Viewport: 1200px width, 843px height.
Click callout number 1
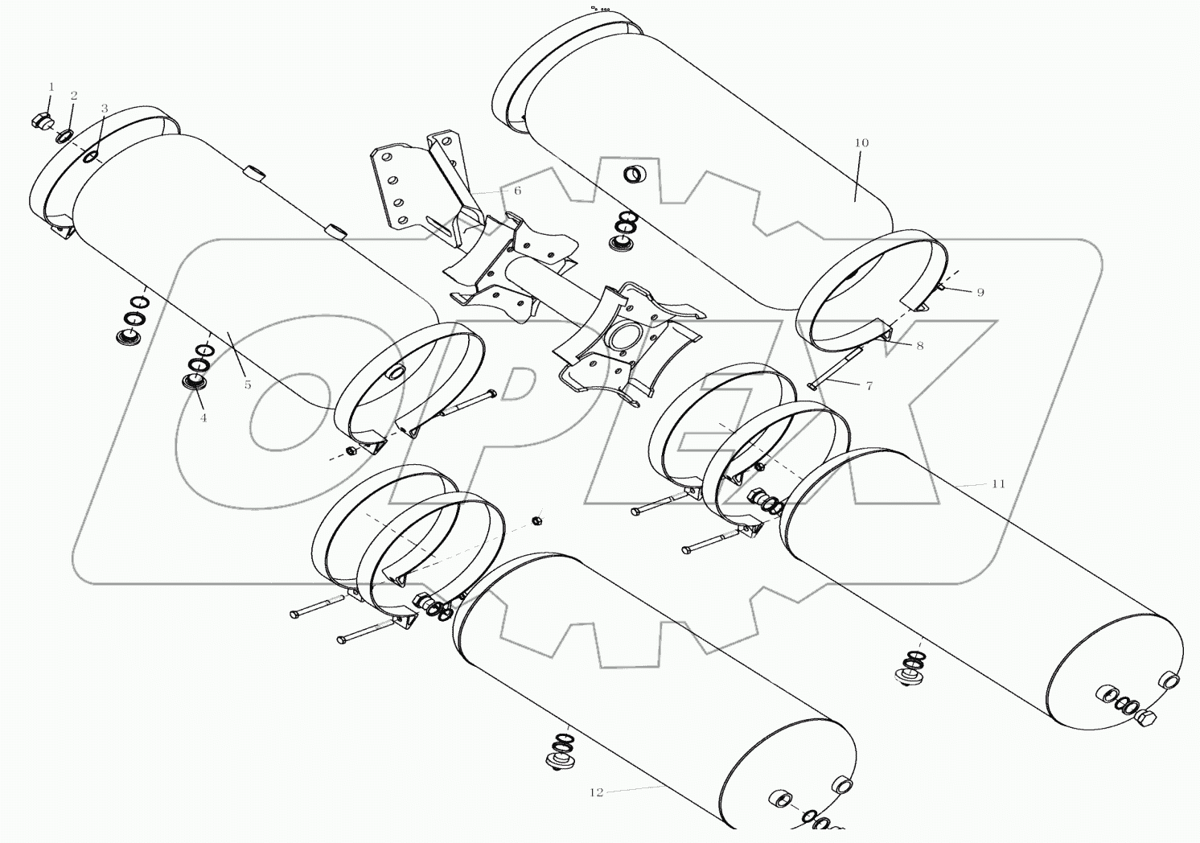click(51, 87)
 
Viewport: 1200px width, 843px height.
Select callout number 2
click(73, 96)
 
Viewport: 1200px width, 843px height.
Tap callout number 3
click(104, 109)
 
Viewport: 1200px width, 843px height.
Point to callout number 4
click(203, 417)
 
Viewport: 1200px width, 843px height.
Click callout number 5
click(248, 385)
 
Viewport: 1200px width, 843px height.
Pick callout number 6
click(517, 191)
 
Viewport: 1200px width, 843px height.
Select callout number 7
click(869, 386)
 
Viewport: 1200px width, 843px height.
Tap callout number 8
click(919, 346)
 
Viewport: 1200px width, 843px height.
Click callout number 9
click(980, 293)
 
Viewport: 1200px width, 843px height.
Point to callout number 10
click(861, 143)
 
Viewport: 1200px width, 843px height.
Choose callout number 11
click(998, 484)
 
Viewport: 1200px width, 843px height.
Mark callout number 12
click(596, 792)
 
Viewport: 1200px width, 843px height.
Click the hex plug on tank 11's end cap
click(1148, 721)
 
